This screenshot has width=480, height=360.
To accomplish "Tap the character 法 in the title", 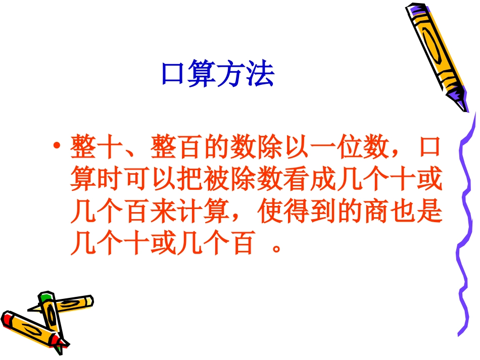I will (x=261, y=75).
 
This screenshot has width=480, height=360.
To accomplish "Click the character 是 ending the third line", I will (x=429, y=212).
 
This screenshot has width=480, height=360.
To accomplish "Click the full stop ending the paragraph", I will (x=275, y=249).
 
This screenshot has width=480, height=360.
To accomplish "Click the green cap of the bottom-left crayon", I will (x=46, y=296).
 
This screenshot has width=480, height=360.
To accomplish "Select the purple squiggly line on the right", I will (x=466, y=227).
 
